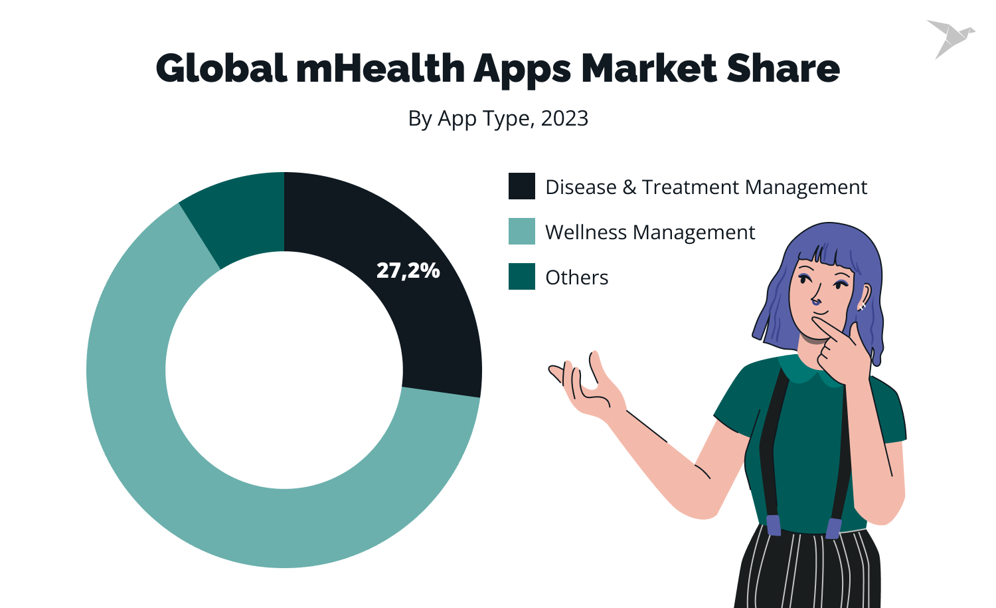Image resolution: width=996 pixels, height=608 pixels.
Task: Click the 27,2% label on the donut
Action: pos(408,270)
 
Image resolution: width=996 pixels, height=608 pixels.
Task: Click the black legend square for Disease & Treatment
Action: pos(522,186)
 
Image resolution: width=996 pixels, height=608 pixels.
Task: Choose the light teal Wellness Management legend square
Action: pos(522,231)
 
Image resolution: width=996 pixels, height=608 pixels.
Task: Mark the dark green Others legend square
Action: pos(522,276)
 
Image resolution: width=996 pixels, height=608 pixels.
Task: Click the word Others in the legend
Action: pos(576,277)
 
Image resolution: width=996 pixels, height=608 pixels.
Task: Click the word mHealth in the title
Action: pos(380,68)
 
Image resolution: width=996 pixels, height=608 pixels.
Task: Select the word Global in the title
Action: pos(221,68)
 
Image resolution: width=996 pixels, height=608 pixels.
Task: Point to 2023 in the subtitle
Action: pos(564,118)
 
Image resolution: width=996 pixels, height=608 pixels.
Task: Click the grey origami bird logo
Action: pos(950,38)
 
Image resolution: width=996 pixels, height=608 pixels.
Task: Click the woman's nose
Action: pos(817,301)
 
